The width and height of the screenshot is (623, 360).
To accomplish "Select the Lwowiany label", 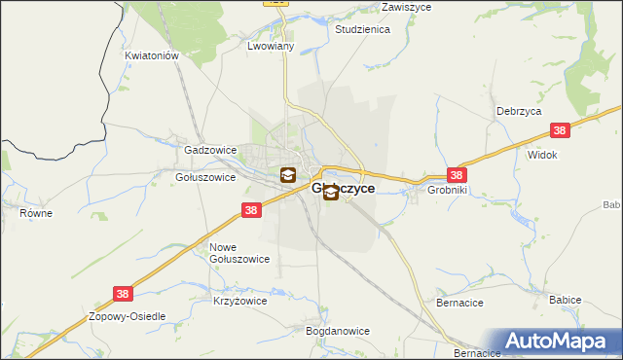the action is point(271,46).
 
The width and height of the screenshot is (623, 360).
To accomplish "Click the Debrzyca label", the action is point(518,112).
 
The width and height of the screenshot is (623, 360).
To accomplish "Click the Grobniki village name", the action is point(449,191).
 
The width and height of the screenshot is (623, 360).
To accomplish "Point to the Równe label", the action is point(36,213).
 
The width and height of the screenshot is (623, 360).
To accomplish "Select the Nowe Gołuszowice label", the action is point(239,253).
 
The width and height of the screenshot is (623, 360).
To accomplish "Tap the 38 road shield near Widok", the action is point(560,129).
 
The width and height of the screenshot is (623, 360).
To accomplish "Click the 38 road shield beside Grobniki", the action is point(458,175).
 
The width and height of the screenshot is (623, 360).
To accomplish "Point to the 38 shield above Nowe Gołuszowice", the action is point(251,210).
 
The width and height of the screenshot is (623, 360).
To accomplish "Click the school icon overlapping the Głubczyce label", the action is point(331,192).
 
